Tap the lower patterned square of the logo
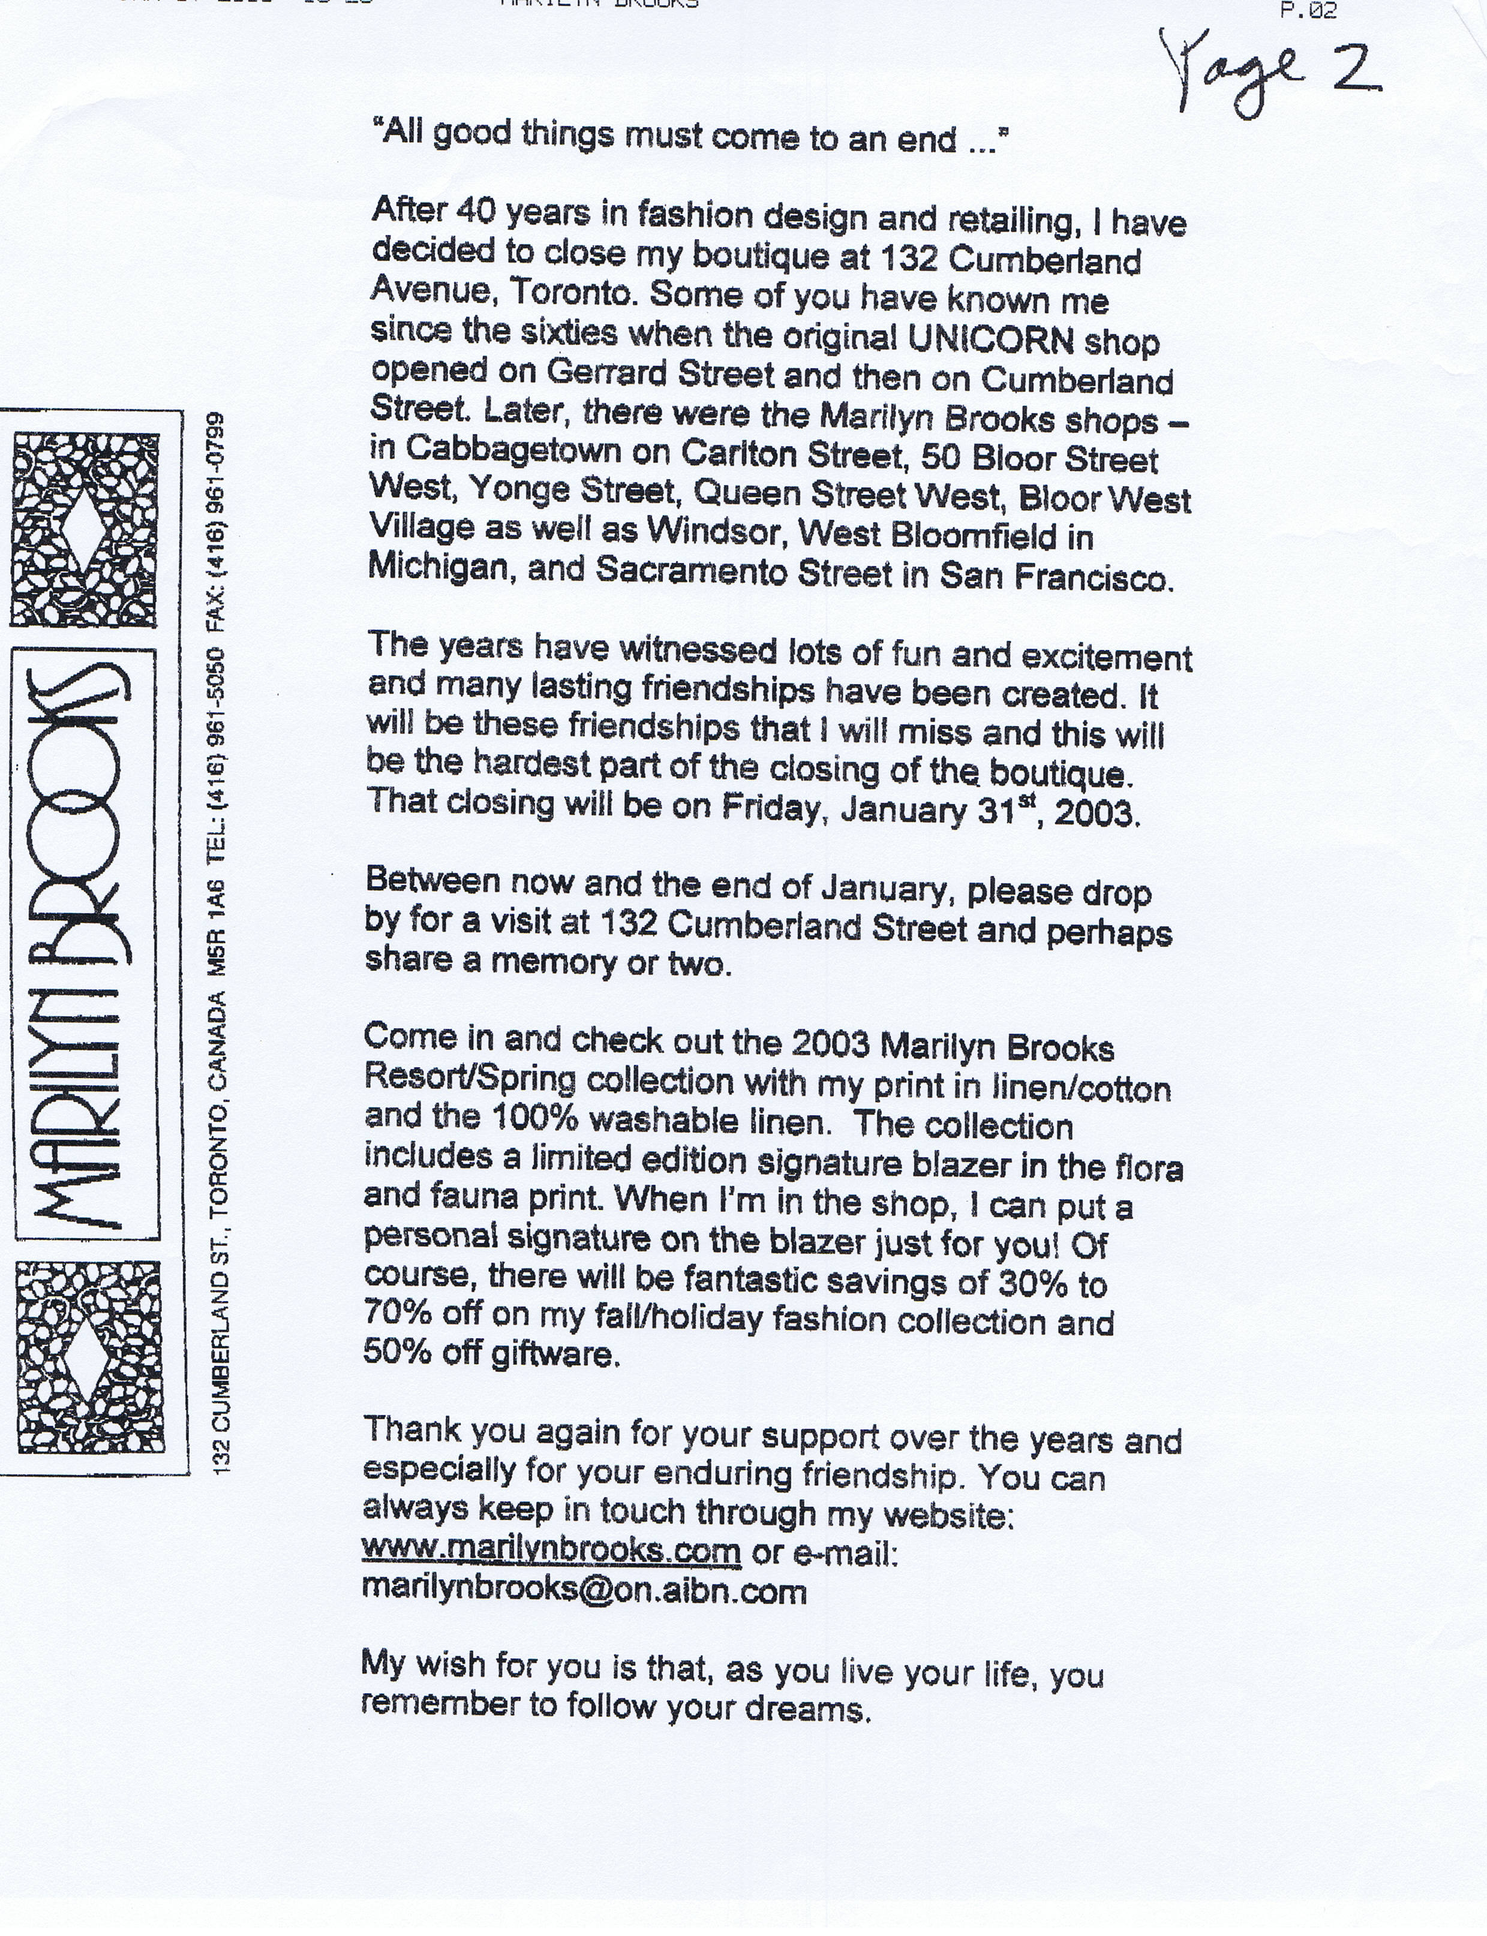pyautogui.click(x=89, y=1356)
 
